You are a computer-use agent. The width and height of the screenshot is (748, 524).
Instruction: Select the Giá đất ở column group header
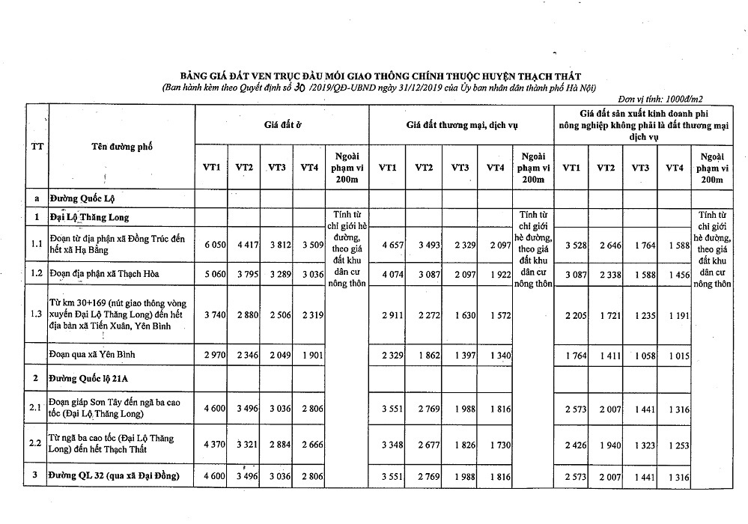[282, 124]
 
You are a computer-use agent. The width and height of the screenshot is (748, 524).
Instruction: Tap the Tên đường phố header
[122, 147]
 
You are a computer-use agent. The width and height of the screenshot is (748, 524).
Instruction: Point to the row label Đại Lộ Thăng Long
[90, 217]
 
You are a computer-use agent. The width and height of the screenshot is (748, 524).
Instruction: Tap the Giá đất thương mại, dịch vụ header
[461, 124]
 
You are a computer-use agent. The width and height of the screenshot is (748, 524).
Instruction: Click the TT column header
[36, 146]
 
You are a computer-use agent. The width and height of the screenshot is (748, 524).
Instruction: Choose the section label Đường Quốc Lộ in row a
[82, 198]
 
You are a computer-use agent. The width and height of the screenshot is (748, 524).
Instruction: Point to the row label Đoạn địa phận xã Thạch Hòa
[104, 272]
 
